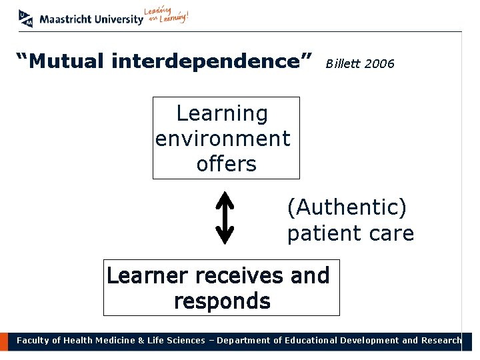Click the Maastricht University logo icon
26,18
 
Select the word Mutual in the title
65,62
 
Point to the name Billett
343,64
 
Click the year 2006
380,64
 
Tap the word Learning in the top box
222,114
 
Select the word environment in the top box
223,139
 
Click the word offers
226,163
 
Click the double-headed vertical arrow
225,217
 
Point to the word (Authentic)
347,208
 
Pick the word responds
222,301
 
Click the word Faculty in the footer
33,341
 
